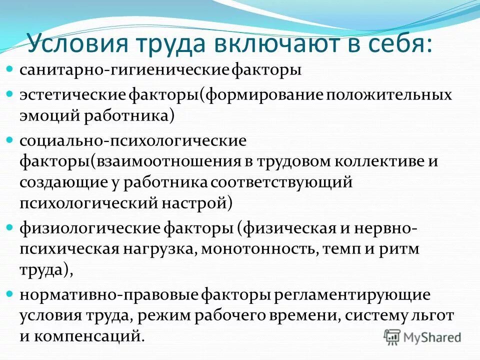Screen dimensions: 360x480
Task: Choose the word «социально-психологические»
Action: click(133, 140)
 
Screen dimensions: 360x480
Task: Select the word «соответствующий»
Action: click(282, 182)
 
